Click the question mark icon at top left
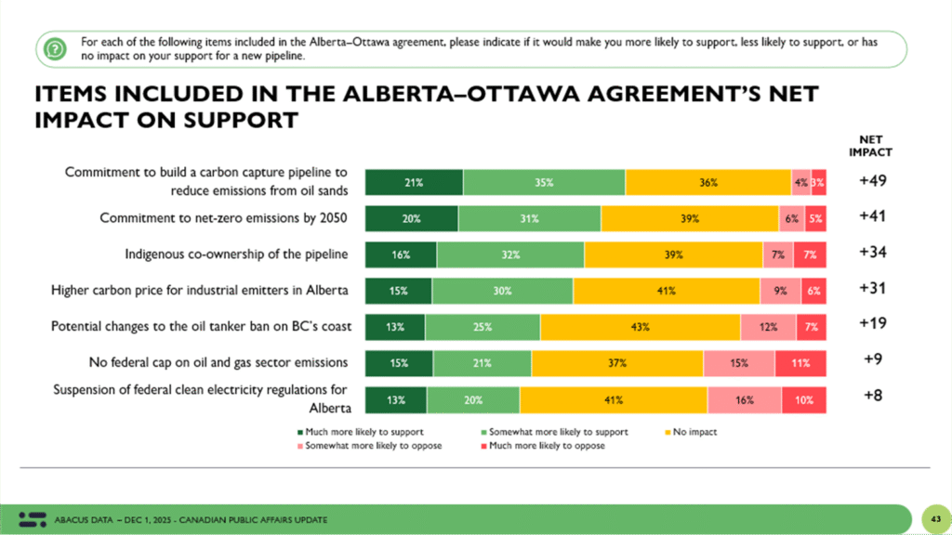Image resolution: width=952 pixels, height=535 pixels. (55, 48)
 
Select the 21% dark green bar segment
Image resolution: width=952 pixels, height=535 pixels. (414, 183)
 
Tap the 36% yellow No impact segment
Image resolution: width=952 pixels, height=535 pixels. (707, 183)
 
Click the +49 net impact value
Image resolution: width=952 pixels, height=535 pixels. (872, 181)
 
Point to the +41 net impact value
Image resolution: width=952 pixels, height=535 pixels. (872, 215)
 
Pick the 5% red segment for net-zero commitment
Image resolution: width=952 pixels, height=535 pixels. (815, 219)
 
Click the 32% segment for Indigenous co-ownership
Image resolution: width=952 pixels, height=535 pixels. (510, 254)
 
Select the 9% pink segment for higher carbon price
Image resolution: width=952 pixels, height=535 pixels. (780, 291)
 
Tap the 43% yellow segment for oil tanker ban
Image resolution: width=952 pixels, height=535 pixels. (640, 327)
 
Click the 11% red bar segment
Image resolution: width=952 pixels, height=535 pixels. (800, 363)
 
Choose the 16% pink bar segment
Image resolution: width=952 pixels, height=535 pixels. (745, 400)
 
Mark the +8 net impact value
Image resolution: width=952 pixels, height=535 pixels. (873, 396)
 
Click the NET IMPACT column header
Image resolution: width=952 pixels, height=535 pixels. (870, 146)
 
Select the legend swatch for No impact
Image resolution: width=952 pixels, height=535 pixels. (668, 433)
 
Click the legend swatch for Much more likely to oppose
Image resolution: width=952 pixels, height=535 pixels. (483, 446)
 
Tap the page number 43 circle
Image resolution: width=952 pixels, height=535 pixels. (935, 519)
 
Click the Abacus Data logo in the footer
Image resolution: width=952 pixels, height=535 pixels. (33, 519)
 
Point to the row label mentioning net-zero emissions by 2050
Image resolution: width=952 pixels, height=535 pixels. (223, 217)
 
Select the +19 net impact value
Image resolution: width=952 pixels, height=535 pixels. (872, 323)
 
